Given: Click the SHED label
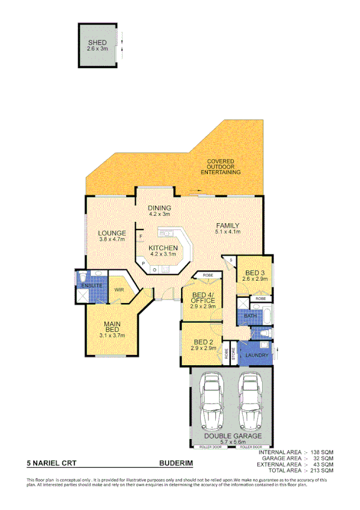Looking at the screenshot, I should (x=97, y=43).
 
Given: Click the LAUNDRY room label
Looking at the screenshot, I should (x=257, y=356).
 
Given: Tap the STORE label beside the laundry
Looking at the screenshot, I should (x=233, y=353).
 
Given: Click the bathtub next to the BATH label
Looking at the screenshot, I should (x=267, y=315).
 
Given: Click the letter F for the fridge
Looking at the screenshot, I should (x=141, y=237).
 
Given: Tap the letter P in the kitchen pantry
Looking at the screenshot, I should (x=144, y=263).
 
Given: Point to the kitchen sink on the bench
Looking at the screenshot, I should (x=166, y=232).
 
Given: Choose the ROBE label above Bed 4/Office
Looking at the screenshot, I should (x=207, y=275).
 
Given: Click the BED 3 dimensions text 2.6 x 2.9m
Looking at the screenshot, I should (x=254, y=278).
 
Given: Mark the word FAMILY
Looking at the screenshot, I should (x=228, y=226).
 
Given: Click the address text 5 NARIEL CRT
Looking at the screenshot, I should (x=52, y=464).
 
